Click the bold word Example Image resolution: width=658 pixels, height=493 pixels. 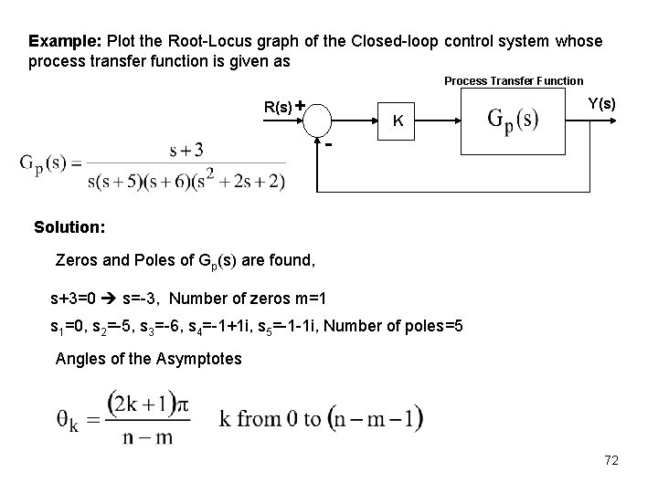[x=65, y=42]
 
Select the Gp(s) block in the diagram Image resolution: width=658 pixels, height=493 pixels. [x=512, y=120]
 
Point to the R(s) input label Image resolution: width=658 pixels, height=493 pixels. [x=278, y=106]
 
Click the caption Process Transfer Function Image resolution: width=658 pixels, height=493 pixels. [x=513, y=81]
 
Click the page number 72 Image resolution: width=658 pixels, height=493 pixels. [x=611, y=461]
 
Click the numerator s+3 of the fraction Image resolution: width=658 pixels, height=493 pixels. [x=186, y=149]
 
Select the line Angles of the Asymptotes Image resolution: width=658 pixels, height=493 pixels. [x=148, y=358]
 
